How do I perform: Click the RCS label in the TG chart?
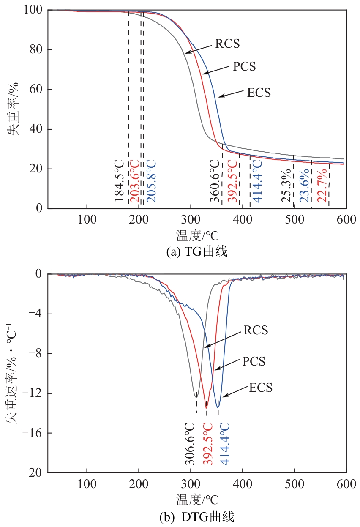(x=227, y=44)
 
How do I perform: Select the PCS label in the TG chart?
(x=244, y=66)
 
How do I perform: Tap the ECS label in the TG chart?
(x=259, y=92)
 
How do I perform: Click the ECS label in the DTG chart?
(x=260, y=388)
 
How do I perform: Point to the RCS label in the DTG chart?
(x=256, y=330)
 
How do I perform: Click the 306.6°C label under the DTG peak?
(x=190, y=444)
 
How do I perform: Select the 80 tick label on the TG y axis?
(x=36, y=50)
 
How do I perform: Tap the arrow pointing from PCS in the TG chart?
(x=216, y=70)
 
